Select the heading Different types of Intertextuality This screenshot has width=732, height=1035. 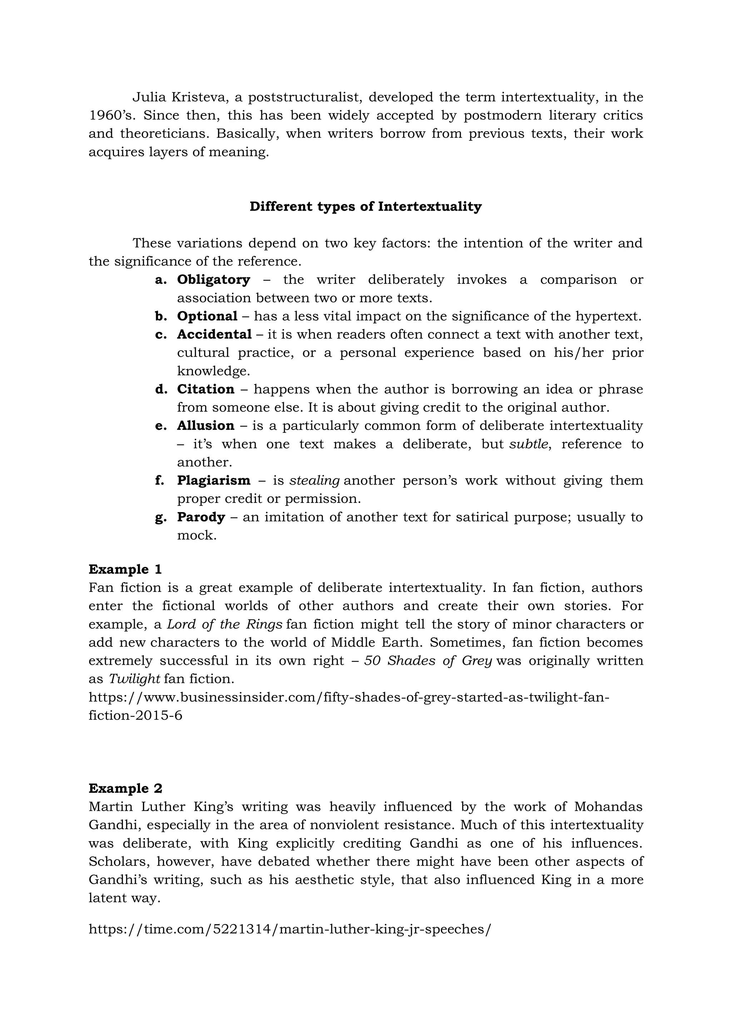coord(366,207)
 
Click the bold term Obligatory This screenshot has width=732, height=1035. coord(213,279)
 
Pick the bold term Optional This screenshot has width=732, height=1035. coord(207,316)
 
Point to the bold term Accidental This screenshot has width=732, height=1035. coord(214,335)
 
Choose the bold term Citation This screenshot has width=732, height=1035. coord(206,389)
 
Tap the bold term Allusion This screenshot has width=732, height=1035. coord(206,426)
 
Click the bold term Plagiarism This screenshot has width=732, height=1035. coord(213,481)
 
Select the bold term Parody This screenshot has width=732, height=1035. coord(201,517)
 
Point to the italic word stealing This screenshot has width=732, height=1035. coord(314,481)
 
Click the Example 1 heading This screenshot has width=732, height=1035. coord(125,569)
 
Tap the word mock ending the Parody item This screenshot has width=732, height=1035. coord(196,535)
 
